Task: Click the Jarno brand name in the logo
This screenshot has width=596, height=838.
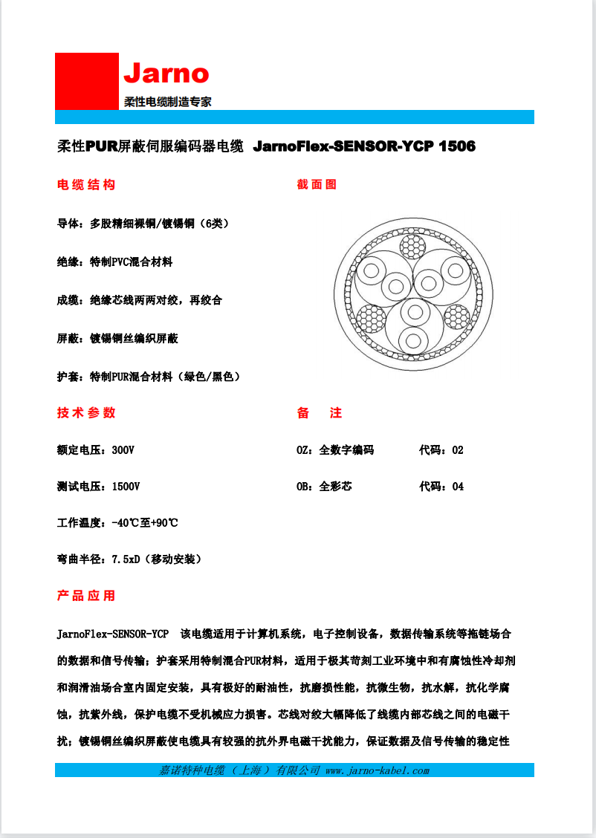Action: point(166,74)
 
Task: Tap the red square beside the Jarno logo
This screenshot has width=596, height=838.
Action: point(87,82)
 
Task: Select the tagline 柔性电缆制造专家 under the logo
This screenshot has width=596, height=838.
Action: point(167,102)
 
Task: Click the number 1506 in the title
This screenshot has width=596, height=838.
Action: point(457,146)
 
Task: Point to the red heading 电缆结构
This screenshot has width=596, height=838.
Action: point(86,185)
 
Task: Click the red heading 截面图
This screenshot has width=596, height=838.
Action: point(317,185)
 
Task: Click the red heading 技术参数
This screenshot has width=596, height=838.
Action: point(86,413)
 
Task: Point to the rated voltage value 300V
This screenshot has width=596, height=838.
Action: point(123,450)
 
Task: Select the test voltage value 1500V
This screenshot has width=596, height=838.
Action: point(126,487)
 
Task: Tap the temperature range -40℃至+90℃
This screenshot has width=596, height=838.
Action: point(145,523)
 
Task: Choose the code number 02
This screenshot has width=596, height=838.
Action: point(458,450)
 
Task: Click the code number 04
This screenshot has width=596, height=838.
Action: point(458,487)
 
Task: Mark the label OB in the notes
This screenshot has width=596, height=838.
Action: point(303,487)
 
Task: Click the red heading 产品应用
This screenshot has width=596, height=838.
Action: point(86,596)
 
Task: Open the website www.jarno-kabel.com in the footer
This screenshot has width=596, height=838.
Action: point(378,770)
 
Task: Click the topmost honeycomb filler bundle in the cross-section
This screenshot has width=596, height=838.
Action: point(412,245)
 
